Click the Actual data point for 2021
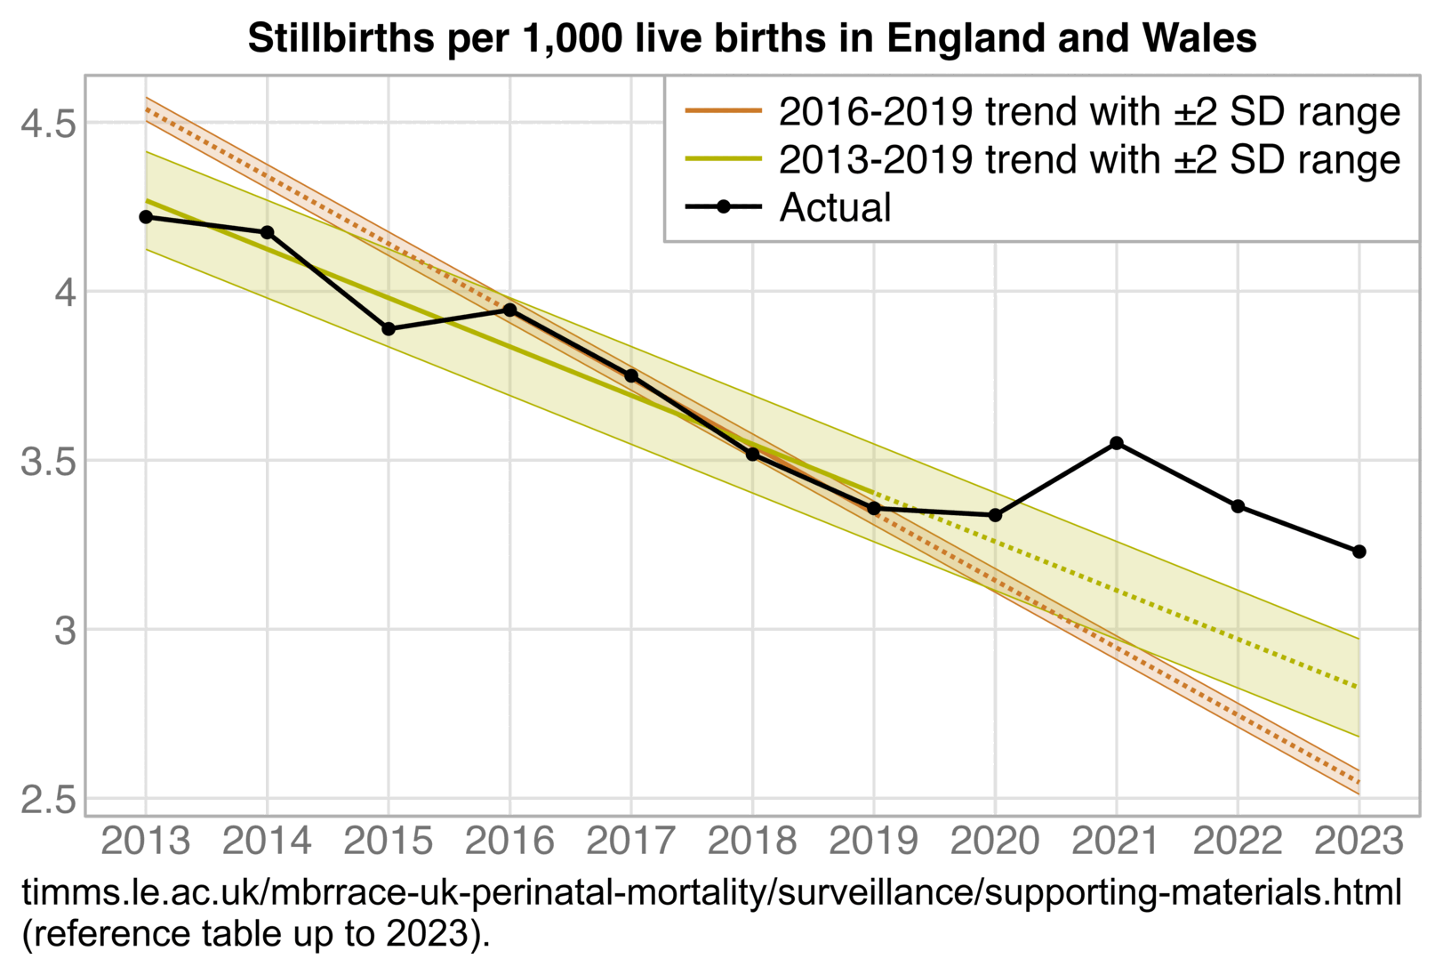[x=1117, y=443]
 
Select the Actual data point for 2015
[x=389, y=329]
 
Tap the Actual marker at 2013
[x=146, y=217]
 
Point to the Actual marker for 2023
[x=1359, y=552]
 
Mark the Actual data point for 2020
[x=995, y=515]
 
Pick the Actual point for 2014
[x=267, y=232]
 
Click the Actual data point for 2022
[x=1238, y=506]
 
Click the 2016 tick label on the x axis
[x=509, y=841]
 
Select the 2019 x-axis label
[x=873, y=841]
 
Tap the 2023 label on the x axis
[x=1359, y=841]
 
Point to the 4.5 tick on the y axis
[x=48, y=123]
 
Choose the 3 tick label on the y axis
[x=65, y=631]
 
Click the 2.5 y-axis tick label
[x=48, y=800]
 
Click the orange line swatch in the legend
[x=723, y=111]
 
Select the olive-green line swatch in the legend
[x=723, y=159]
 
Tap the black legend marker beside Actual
[x=723, y=207]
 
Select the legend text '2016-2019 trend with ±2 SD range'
[x=1089, y=112]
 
